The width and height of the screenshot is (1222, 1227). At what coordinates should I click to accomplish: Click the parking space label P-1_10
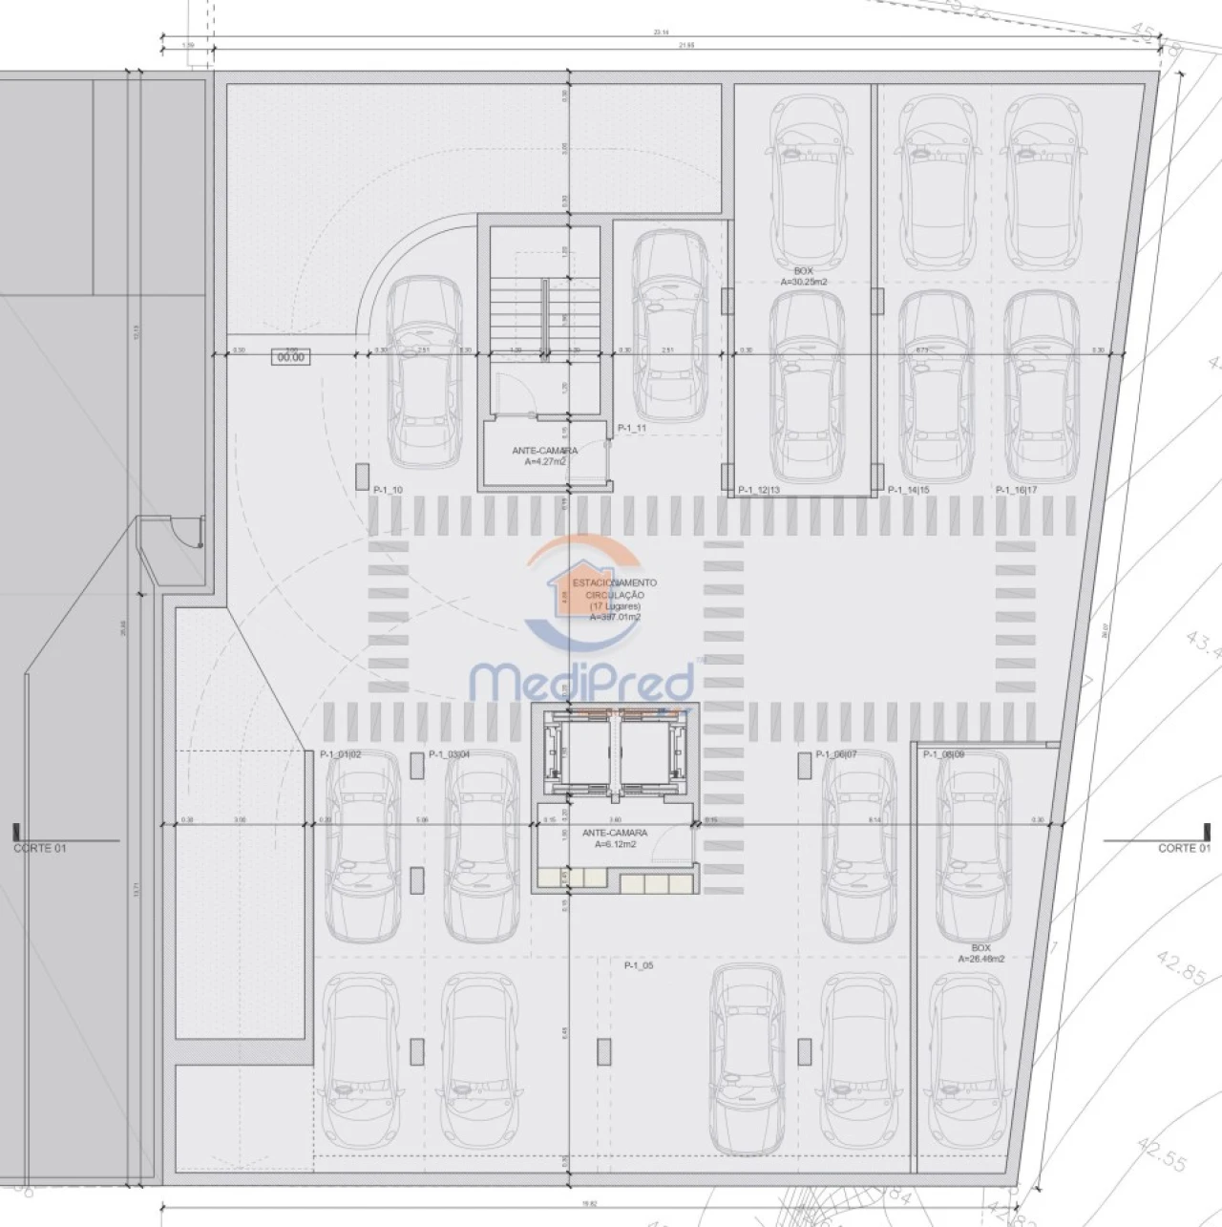(389, 490)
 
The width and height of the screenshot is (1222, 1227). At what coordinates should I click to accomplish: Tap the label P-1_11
(632, 428)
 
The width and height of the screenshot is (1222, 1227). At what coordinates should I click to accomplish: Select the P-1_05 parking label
(639, 965)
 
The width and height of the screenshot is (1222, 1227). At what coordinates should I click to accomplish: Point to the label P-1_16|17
(1016, 490)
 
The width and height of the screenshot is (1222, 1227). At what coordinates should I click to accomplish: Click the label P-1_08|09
(944, 753)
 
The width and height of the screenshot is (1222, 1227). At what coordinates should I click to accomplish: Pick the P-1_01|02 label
(341, 754)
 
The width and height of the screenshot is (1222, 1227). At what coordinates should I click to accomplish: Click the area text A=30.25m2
(802, 282)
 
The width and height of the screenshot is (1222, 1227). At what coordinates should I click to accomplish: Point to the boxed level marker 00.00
(289, 357)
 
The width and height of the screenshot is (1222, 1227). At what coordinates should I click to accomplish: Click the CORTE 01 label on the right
(1184, 848)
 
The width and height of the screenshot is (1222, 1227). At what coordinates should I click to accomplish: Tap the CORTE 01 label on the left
(40, 848)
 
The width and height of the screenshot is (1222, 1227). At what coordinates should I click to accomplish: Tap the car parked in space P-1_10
(421, 372)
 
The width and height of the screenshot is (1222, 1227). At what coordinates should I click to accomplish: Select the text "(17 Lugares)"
(615, 605)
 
